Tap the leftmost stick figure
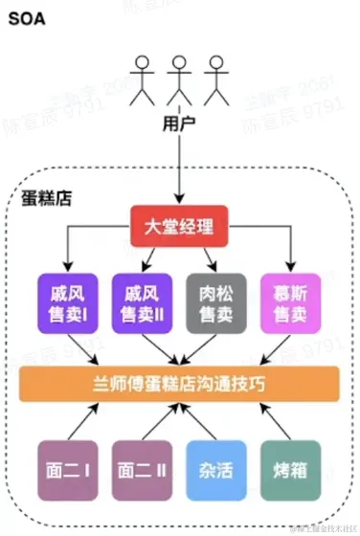click(x=143, y=79)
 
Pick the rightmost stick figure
click(x=217, y=79)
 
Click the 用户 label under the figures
click(x=179, y=123)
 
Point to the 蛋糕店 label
click(x=46, y=200)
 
